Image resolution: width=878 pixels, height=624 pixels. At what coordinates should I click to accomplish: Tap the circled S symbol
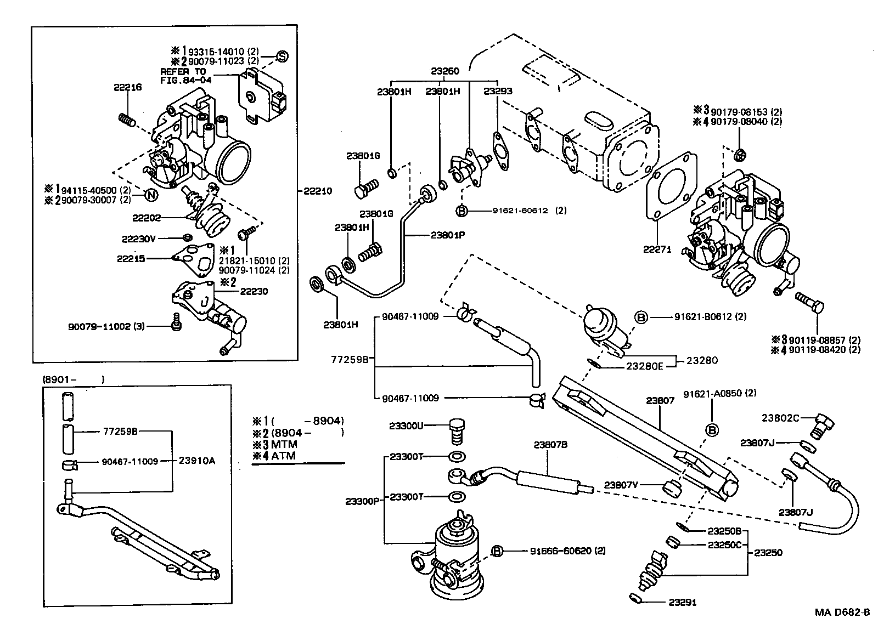click(281, 56)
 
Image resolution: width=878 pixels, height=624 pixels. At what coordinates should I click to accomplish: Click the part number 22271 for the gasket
click(657, 249)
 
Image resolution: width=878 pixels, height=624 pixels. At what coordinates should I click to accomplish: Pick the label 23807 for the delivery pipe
click(660, 401)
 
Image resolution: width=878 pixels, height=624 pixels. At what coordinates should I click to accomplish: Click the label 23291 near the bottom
click(682, 602)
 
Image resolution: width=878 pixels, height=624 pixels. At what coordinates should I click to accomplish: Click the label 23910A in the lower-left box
click(196, 461)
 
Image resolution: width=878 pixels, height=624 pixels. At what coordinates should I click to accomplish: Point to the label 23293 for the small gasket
click(498, 92)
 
